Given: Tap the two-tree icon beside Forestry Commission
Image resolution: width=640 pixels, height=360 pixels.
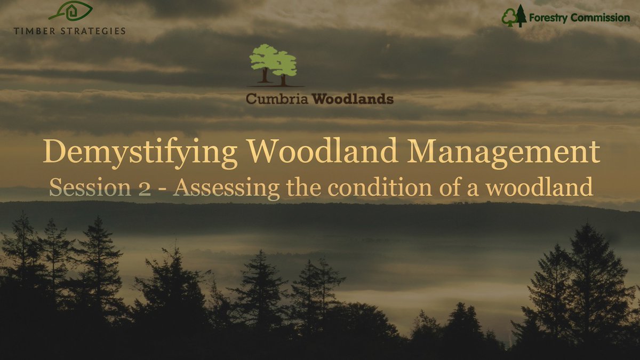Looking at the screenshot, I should click(x=514, y=17).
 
